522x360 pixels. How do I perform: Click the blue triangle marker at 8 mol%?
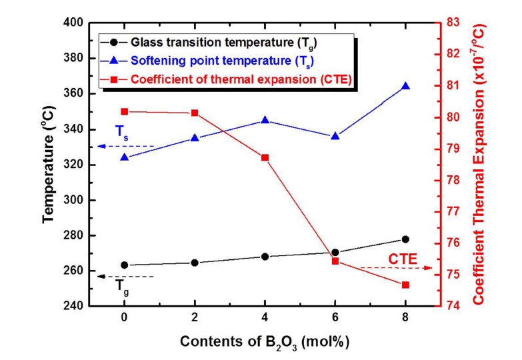405,86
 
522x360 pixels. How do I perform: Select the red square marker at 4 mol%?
265,157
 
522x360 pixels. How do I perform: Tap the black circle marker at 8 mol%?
405,239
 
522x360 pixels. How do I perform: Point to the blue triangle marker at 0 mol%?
124,157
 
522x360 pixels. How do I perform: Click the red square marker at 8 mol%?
405,285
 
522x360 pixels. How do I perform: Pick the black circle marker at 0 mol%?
124,265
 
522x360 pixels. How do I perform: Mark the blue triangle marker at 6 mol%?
335,136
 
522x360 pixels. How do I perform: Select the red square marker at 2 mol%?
195,113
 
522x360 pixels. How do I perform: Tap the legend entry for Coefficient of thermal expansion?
227,80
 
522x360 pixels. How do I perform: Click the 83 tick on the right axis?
452,23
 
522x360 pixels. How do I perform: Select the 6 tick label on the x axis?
335,319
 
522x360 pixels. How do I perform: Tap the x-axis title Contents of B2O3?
264,341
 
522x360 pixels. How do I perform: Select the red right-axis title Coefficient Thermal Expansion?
479,164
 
